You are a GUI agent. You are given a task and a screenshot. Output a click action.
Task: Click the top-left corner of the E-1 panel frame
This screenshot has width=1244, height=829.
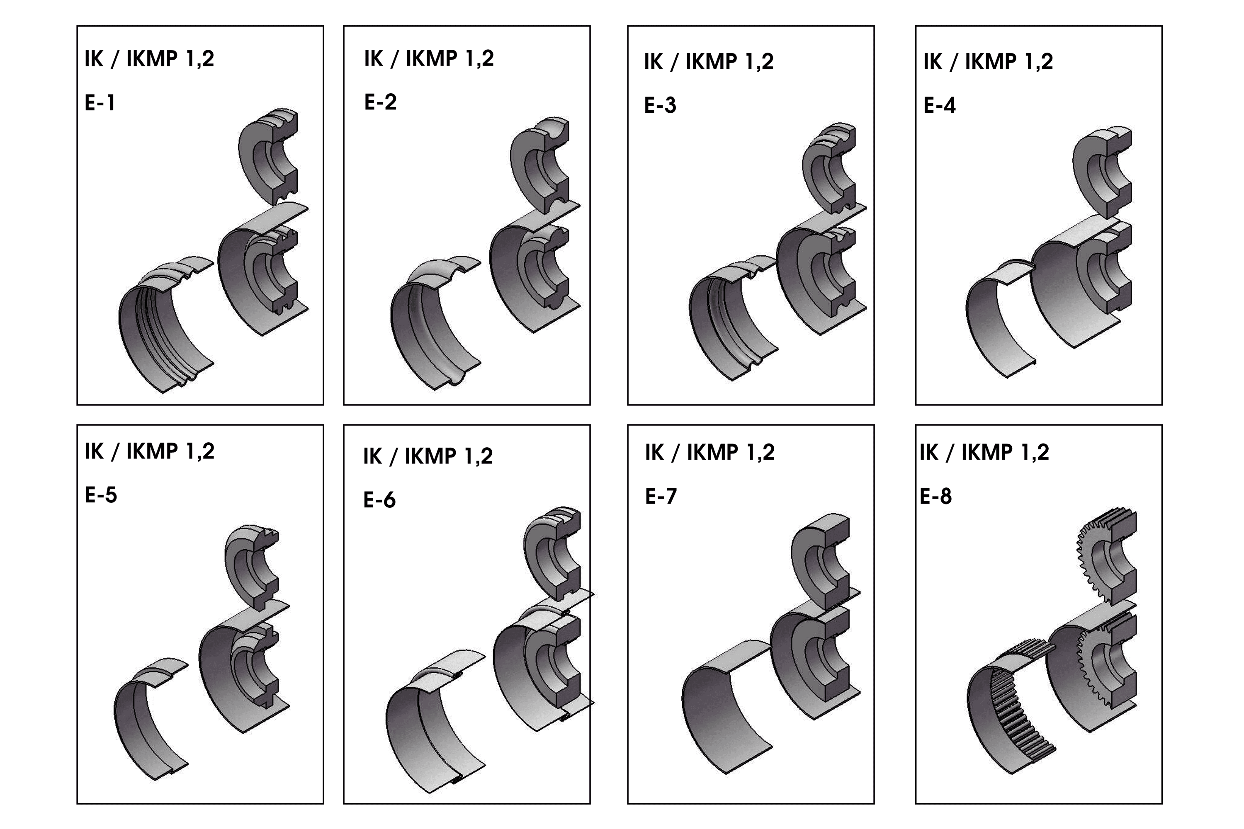tap(77, 26)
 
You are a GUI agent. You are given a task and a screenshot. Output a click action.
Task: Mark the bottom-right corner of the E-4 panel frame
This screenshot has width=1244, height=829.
tap(1162, 405)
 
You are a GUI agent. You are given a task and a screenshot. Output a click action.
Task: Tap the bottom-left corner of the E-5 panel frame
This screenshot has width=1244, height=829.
tap(77, 804)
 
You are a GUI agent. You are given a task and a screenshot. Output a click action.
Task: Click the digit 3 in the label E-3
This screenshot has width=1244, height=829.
tap(670, 106)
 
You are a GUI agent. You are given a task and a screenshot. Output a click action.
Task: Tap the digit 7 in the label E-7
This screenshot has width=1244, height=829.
tap(670, 497)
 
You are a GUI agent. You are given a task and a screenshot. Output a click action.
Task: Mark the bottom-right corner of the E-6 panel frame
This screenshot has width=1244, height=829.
tap(590, 804)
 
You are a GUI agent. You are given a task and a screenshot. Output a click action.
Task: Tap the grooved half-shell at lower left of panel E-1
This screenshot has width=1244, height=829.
tap(167, 325)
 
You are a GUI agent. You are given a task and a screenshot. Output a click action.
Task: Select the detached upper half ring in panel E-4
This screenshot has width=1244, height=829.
tap(1102, 172)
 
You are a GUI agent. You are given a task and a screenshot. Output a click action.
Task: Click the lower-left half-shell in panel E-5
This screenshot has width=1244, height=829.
tap(151, 719)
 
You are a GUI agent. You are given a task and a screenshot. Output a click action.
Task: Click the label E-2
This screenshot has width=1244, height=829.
tap(380, 102)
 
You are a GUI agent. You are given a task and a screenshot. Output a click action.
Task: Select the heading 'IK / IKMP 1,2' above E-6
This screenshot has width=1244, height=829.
tap(428, 456)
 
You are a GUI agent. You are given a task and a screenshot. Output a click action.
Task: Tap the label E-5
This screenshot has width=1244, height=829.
tap(101, 495)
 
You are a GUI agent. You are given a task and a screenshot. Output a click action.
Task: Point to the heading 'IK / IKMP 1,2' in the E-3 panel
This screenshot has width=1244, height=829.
tap(709, 62)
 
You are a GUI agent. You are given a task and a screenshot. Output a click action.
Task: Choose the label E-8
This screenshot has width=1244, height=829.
tap(935, 497)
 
